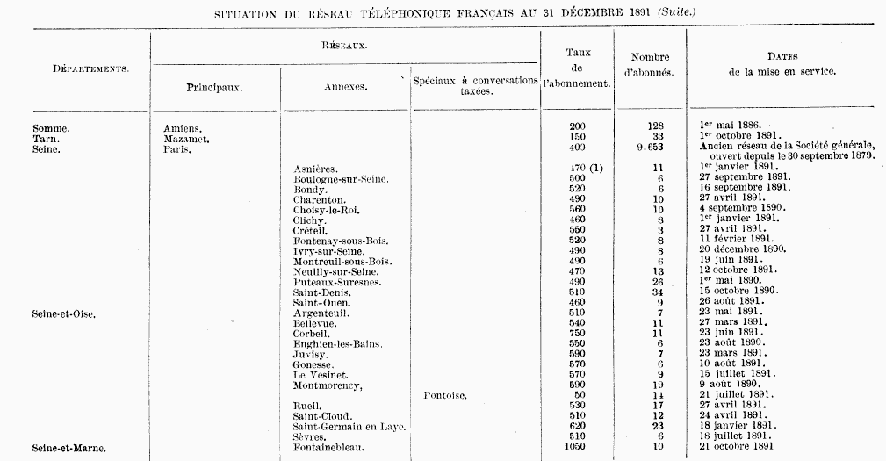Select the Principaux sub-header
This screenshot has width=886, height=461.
[214, 88]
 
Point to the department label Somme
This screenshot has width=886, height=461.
[51, 128]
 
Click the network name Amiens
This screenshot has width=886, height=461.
[183, 128]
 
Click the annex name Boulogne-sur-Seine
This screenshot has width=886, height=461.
[341, 179]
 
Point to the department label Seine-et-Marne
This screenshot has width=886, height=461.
[69, 448]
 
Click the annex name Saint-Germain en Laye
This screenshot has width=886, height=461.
[349, 427]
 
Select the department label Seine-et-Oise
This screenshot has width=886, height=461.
[64, 313]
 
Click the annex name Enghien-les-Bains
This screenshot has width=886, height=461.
[338, 344]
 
